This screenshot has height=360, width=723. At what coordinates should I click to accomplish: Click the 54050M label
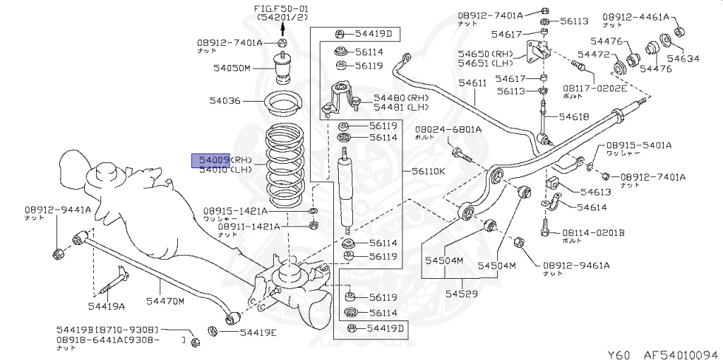tap(232, 68)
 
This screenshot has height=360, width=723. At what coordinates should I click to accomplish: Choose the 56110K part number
tap(429, 171)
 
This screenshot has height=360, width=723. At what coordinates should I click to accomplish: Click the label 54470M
tap(165, 301)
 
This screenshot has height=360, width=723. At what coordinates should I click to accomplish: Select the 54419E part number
tap(258, 332)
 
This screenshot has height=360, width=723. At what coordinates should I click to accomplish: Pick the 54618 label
tap(574, 116)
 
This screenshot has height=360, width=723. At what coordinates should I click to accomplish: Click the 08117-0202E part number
tap(594, 88)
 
